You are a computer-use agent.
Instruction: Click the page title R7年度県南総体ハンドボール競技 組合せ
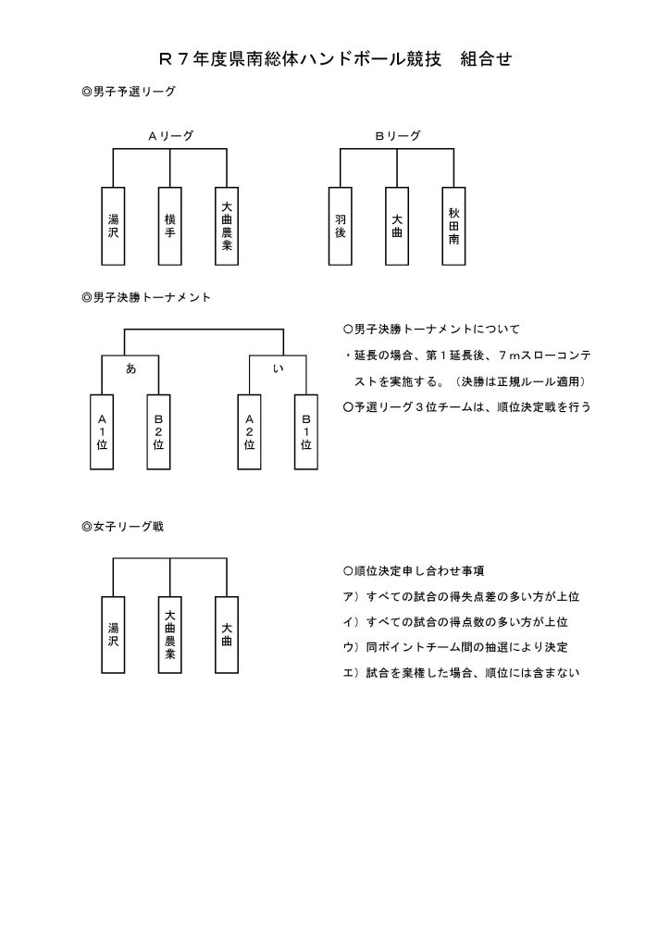coord(335,60)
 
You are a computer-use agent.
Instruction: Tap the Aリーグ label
coord(171,135)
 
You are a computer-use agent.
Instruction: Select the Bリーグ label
coord(398,135)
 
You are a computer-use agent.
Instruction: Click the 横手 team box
coord(170,226)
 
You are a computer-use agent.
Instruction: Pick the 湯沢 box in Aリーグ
coord(113,226)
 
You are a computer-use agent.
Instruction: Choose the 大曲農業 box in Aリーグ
coord(227,226)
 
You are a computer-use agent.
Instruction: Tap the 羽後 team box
coord(341,226)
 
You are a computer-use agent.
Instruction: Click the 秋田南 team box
coord(453,226)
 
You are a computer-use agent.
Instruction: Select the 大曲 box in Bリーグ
coord(397,226)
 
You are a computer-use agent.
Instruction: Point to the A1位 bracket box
coord(102,431)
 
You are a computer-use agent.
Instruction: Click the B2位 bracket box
coord(158,431)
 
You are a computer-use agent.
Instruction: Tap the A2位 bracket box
coord(249,431)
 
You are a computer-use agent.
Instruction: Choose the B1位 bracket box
coord(306,431)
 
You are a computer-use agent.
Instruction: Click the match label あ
coord(130,368)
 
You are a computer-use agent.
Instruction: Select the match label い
coord(278,368)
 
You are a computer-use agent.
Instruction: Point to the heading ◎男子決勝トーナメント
coord(146,297)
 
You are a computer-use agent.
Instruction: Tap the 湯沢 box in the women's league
coord(113,634)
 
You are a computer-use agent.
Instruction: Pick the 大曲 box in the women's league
coord(227,634)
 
